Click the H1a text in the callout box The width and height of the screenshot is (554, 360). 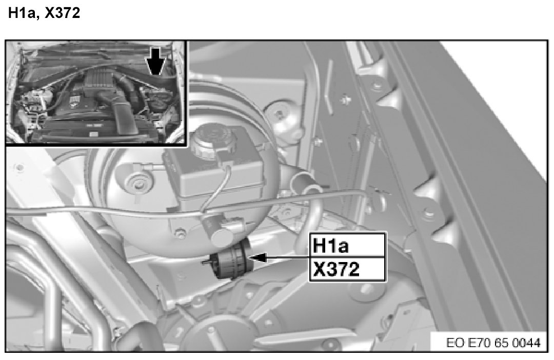[x=330, y=245]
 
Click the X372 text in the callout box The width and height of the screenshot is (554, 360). [x=336, y=269]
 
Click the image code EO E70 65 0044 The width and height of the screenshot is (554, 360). [x=493, y=343]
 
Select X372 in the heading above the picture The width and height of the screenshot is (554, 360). [x=63, y=13]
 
